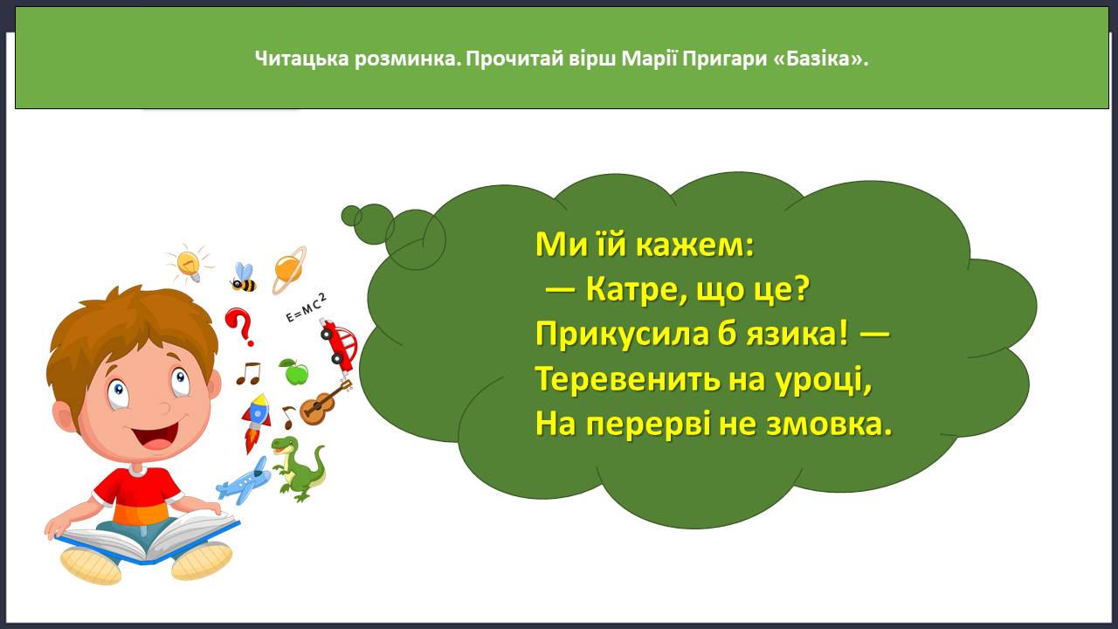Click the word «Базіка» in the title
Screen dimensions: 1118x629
pyautogui.click(x=819, y=59)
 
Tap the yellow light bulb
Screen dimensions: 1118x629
pyautogui.click(x=190, y=264)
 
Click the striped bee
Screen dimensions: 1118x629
pyautogui.click(x=244, y=277)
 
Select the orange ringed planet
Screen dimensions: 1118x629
pyautogui.click(x=289, y=270)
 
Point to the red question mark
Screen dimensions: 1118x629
pyautogui.click(x=239, y=327)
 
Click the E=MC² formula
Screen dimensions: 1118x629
pyautogui.click(x=307, y=308)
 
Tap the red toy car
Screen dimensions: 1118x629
pyautogui.click(x=340, y=346)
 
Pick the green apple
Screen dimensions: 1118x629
pyautogui.click(x=294, y=371)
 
